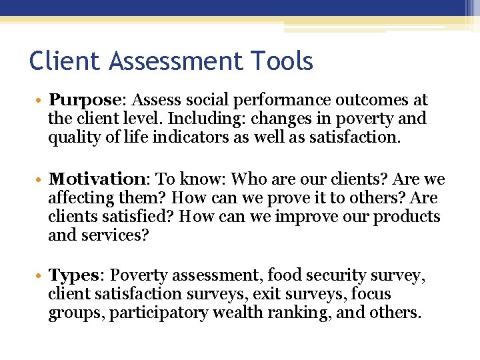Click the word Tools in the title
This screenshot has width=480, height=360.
(282, 62)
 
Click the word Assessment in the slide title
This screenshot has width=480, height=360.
(175, 62)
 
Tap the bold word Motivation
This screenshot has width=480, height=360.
(101, 180)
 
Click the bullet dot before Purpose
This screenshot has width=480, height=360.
(41, 101)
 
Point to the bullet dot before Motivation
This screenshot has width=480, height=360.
(41, 181)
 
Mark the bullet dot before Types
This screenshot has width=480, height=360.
(41, 276)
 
